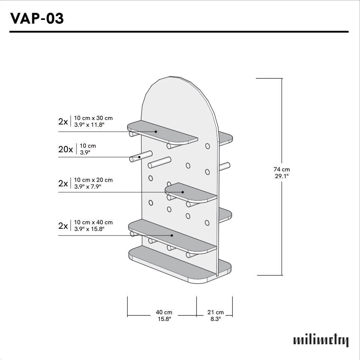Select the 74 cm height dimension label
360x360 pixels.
click(x=281, y=172)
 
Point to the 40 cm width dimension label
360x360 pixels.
click(x=164, y=315)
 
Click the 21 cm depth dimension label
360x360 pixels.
click(x=215, y=315)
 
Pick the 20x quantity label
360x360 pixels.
click(x=66, y=149)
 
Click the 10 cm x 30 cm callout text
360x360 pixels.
click(x=93, y=121)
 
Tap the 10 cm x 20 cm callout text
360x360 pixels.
click(x=93, y=183)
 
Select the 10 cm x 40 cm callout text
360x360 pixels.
click(x=93, y=225)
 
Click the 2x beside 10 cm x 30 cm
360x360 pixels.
click(x=63, y=121)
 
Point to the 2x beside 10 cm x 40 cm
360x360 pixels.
click(x=63, y=226)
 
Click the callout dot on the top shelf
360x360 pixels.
click(x=156, y=132)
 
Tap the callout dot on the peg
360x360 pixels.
click(x=139, y=157)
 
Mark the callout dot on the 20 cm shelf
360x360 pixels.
click(x=183, y=192)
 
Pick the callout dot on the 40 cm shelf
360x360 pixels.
click(x=172, y=235)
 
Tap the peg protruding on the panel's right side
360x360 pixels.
click(x=225, y=166)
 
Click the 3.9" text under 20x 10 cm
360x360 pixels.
click(x=85, y=152)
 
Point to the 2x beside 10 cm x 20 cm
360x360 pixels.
click(x=63, y=183)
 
